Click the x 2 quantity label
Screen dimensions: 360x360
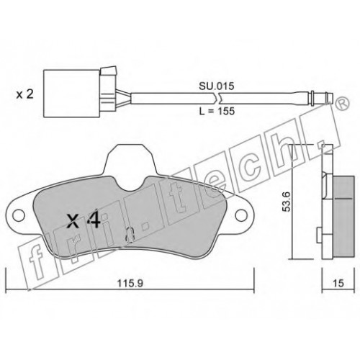[24, 94]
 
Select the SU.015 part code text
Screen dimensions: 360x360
[216, 86]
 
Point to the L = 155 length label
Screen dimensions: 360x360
[217, 111]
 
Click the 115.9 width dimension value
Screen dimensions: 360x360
[130, 284]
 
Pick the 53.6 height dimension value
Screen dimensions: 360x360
[286, 202]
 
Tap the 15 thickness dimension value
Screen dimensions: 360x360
[338, 283]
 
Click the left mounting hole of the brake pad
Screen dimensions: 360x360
[19, 215]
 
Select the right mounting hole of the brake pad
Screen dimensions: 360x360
[241, 215]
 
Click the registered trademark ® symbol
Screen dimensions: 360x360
[342, 104]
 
